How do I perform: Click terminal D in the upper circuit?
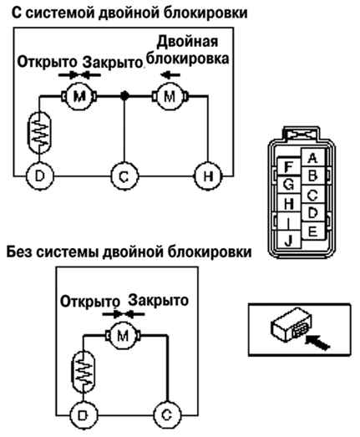40,176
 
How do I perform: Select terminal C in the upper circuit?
124,176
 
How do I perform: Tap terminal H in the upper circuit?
208,176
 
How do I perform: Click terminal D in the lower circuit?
83,415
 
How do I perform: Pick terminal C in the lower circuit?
167,415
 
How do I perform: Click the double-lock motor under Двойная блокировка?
170,96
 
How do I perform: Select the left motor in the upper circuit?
79,96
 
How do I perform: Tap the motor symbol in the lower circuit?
123,336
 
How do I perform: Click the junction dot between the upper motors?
124,96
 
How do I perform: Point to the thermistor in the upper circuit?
39,132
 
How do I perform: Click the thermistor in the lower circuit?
83,372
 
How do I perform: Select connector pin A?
312,158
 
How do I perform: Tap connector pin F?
289,166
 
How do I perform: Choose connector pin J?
289,240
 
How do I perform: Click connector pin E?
312,231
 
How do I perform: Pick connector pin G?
289,185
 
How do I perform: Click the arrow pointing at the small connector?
317,343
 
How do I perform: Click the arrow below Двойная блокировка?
170,74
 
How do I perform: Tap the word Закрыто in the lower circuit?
158,300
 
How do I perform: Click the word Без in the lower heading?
19,252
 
